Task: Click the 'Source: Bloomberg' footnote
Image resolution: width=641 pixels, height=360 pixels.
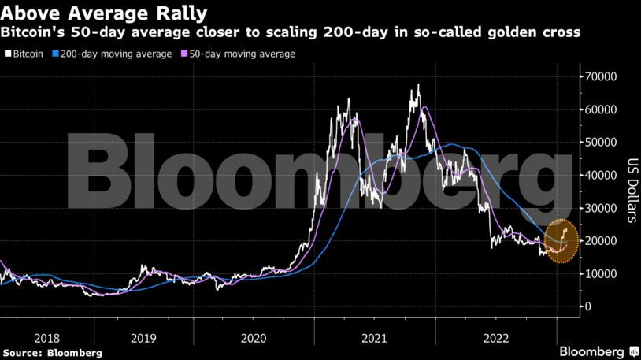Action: click(52, 353)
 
